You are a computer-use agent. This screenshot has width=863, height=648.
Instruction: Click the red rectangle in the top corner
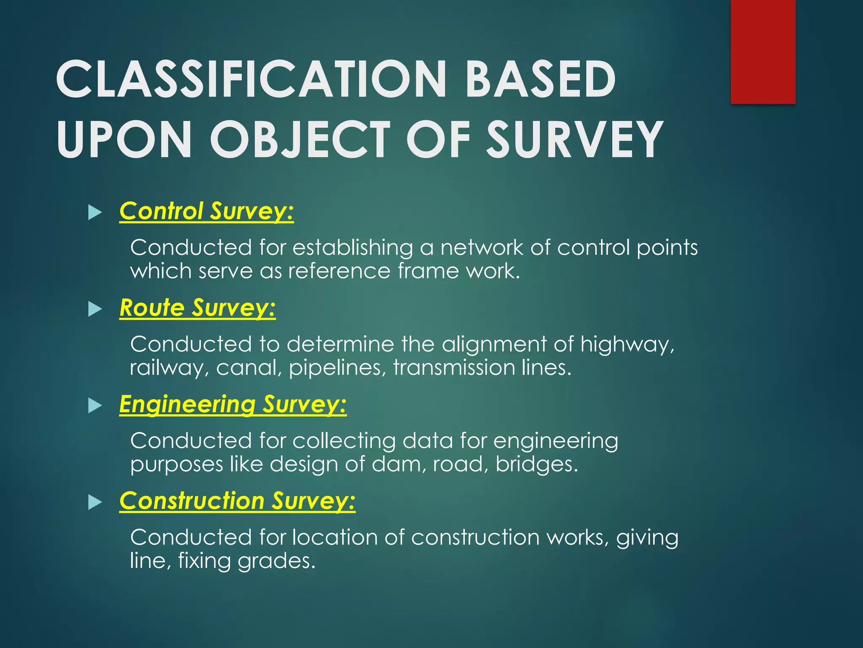(763, 51)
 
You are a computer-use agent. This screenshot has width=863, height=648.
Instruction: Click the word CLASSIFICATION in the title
(251, 79)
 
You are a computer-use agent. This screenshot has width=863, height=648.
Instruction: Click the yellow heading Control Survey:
(206, 211)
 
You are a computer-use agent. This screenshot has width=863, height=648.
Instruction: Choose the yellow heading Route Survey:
(197, 308)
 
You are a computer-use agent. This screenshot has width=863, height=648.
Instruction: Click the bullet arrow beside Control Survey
(95, 213)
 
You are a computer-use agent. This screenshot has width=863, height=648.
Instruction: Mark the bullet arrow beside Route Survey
(95, 309)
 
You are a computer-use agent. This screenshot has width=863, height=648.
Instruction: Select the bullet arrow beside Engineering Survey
(95, 406)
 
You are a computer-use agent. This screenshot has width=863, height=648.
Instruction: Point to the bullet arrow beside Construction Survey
(95, 502)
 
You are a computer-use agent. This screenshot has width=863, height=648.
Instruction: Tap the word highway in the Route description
(627, 345)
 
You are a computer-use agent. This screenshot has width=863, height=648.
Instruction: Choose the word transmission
(454, 368)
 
